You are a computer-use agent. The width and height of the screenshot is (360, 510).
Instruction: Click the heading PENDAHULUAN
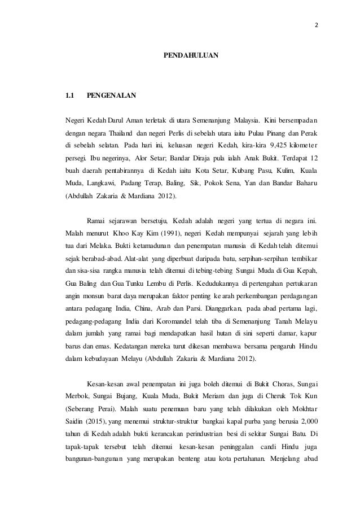click(191, 57)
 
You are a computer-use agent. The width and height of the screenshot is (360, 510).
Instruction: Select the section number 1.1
click(71, 95)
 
